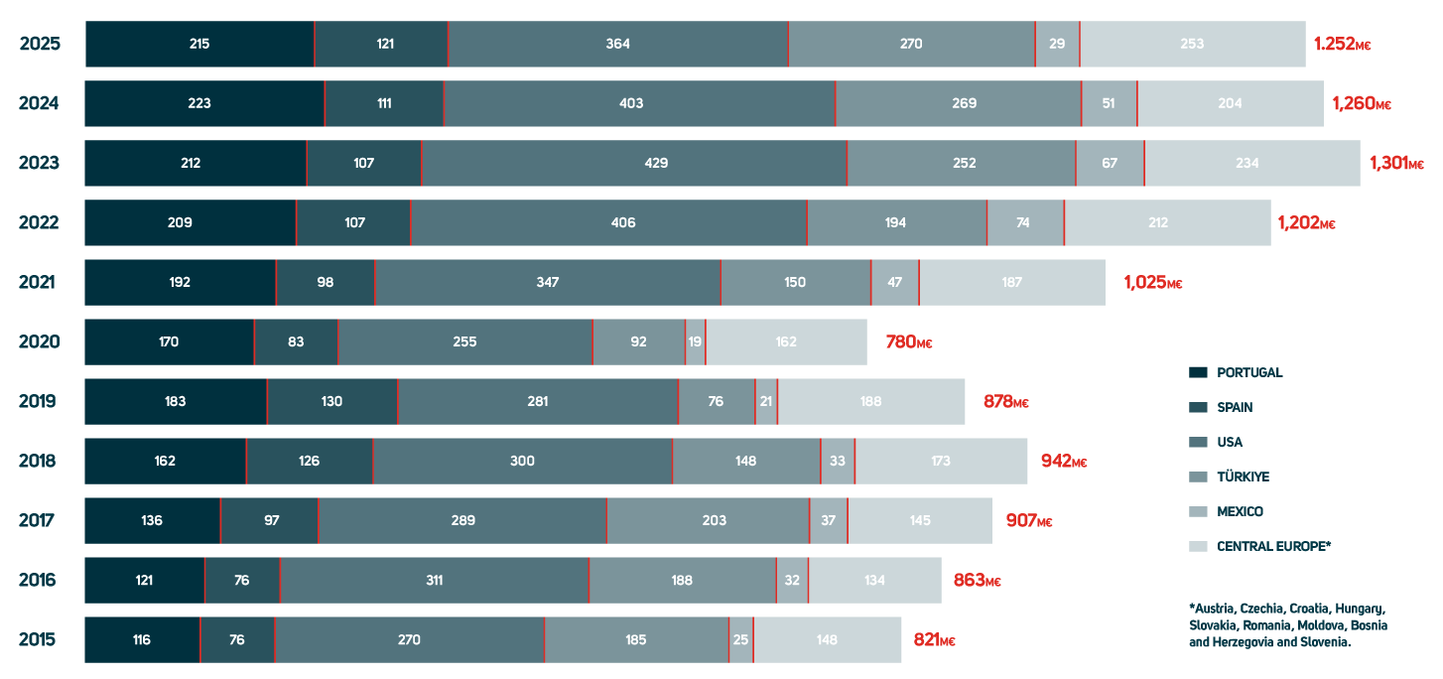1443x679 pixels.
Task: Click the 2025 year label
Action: (40, 44)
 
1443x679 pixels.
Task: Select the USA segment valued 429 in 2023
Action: (633, 163)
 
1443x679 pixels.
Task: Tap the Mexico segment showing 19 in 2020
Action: (695, 341)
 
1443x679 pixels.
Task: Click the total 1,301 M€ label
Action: (1395, 163)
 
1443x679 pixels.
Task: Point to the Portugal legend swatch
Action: (1198, 372)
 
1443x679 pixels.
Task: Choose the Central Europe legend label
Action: (1273, 546)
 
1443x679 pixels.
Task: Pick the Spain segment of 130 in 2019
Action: (331, 401)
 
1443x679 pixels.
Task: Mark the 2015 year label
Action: (38, 639)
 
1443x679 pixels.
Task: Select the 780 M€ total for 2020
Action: (908, 341)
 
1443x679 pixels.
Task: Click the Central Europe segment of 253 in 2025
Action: (1192, 44)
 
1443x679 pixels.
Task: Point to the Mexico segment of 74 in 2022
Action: (1024, 222)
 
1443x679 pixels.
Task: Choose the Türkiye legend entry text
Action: (1243, 476)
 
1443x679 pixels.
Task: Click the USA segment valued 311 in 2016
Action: (434, 580)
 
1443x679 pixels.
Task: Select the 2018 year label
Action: (39, 461)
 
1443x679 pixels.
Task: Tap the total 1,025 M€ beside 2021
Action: (1152, 282)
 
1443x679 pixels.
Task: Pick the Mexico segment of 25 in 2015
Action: (740, 639)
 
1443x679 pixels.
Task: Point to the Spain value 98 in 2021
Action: (325, 282)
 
